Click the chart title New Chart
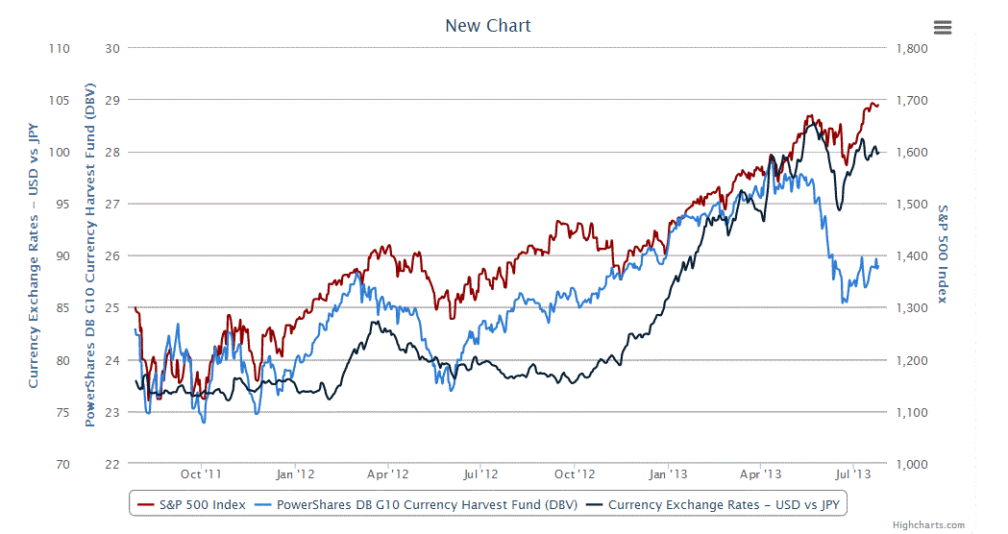(x=487, y=26)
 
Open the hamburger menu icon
(x=943, y=27)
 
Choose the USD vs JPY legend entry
(x=723, y=504)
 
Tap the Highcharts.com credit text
(x=928, y=525)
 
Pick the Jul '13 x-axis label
(x=853, y=474)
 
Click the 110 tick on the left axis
(x=60, y=48)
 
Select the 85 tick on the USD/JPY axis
(x=61, y=308)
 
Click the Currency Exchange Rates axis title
(x=34, y=255)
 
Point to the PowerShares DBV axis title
(x=90, y=255)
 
